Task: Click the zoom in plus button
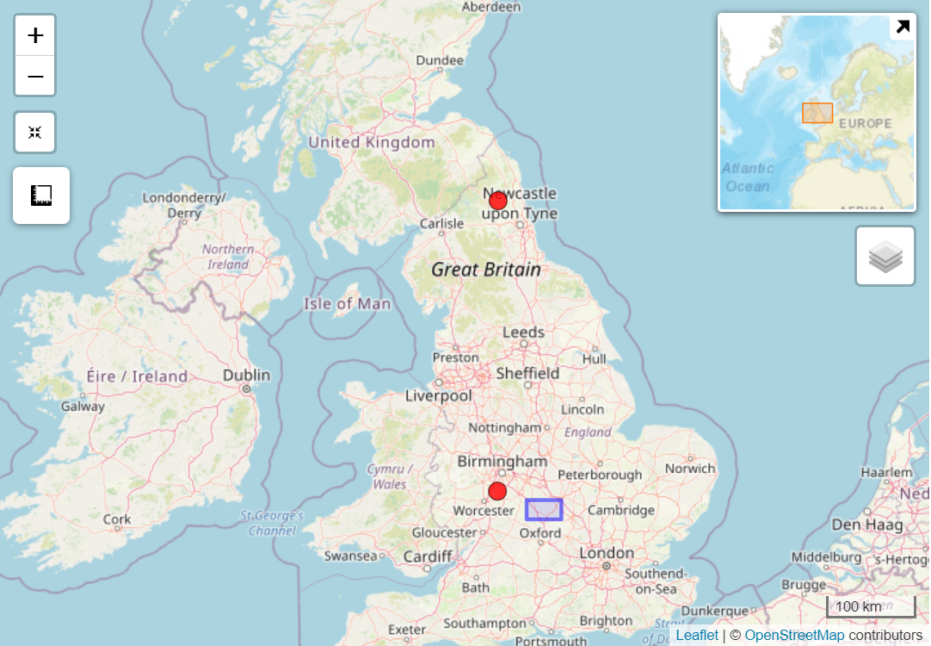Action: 35,35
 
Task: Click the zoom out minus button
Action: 35,77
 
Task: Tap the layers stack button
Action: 885,256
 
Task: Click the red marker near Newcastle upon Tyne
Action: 497,201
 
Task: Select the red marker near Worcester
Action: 497,491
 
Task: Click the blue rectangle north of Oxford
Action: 544,509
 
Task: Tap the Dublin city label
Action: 246,376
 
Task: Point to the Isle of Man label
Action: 347,304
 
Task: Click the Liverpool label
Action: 439,396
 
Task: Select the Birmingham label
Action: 501,462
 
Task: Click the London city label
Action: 606,553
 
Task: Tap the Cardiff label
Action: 428,556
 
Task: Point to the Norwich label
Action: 690,469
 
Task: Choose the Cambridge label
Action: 621,510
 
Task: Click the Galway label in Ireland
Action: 83,407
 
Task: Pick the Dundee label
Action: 440,60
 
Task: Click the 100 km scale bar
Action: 870,606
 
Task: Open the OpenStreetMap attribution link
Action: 794,636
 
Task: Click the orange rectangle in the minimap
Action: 817,113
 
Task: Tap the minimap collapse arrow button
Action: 903,27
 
